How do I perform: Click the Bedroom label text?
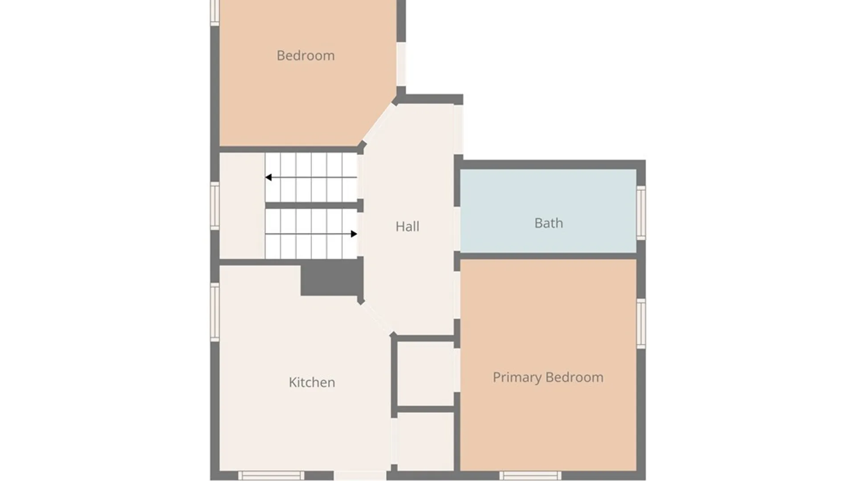[x=305, y=56]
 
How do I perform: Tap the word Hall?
[x=407, y=226]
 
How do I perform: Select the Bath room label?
[x=549, y=223]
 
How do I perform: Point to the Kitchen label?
[x=312, y=382]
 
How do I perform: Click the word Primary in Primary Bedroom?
[x=517, y=378]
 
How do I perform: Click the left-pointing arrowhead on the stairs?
[x=269, y=177]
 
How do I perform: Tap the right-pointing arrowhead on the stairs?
[x=354, y=234]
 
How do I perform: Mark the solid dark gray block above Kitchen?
[x=332, y=277]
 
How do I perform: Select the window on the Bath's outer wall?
[x=641, y=213]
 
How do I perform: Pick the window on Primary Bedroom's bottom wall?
[x=530, y=476]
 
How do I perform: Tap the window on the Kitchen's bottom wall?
[x=271, y=476]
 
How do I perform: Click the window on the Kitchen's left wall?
[x=215, y=312]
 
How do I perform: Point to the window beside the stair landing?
[x=215, y=206]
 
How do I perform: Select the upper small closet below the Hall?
[x=426, y=373]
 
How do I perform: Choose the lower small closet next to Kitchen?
[x=426, y=441]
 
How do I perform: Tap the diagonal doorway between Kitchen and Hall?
[x=376, y=318]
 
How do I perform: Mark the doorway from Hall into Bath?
[x=457, y=229]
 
